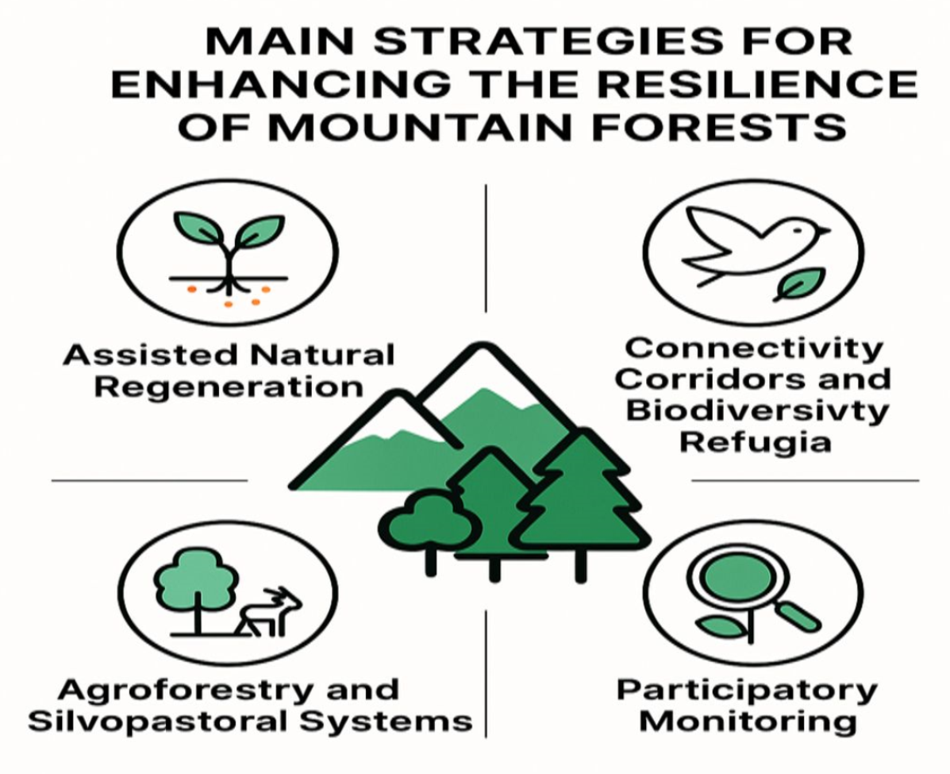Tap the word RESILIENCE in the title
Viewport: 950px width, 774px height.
[758, 84]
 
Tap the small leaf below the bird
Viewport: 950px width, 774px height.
[800, 283]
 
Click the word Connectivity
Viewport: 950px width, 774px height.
[754, 348]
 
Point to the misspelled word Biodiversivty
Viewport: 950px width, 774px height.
[756, 411]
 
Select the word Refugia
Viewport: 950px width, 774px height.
[755, 442]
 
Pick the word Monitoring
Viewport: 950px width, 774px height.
[748, 722]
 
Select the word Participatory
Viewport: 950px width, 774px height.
[747, 691]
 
